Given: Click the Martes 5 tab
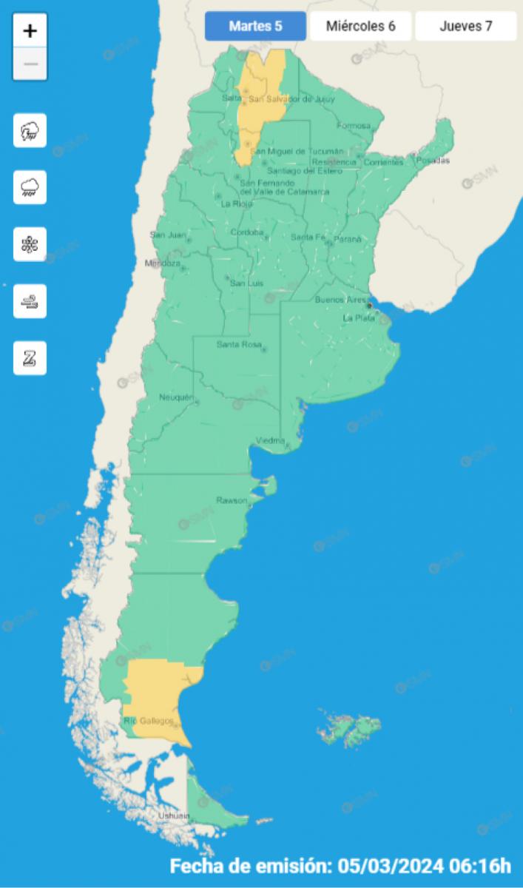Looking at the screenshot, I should [x=255, y=27].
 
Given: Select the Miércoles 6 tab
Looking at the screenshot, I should [x=360, y=27].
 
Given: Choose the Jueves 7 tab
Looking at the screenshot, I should [x=465, y=27].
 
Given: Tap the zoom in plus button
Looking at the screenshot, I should [x=30, y=31].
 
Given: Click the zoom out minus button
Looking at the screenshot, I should [x=30, y=64].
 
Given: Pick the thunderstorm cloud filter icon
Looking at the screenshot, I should [x=30, y=131].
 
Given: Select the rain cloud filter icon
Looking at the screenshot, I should [x=30, y=187].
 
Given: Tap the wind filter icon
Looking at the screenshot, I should [x=30, y=301].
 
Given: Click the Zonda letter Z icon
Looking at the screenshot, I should [x=30, y=358].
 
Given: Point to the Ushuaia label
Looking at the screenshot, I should [x=174, y=815].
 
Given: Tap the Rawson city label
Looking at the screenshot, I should [x=231, y=500].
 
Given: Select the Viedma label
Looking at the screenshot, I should [x=270, y=440].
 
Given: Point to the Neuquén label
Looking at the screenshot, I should [x=175, y=398].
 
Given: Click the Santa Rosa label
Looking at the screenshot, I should [x=237, y=345].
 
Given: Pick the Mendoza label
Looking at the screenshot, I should [x=163, y=263].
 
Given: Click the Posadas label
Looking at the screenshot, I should [x=433, y=161].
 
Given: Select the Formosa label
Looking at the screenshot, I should [x=353, y=126].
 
